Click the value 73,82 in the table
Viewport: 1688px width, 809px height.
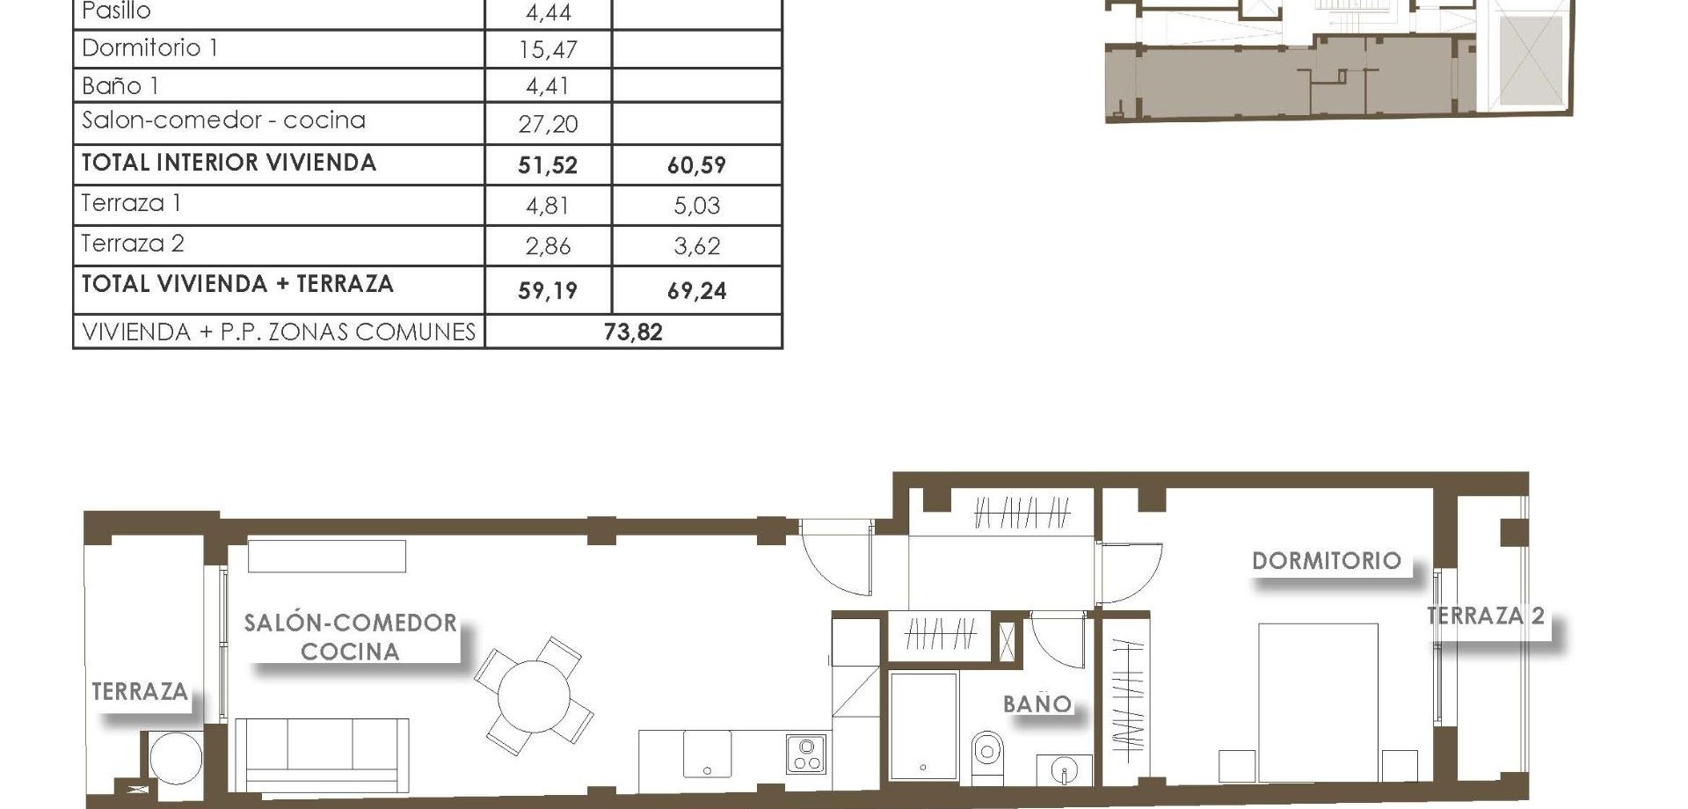tap(633, 332)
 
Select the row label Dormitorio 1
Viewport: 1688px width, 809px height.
tap(149, 47)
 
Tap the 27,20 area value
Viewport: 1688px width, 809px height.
tap(548, 124)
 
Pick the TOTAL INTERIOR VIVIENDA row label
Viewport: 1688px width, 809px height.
tap(229, 163)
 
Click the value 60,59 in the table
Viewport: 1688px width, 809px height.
tap(696, 164)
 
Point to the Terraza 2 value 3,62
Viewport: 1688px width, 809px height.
tap(696, 246)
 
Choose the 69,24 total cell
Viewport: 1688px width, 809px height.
tap(696, 290)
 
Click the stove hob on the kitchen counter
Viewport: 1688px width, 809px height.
tap(806, 754)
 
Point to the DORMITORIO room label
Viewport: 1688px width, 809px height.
tap(1326, 561)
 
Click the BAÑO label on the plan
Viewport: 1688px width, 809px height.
tap(1037, 703)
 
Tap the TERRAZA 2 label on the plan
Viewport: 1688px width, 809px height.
tap(1485, 616)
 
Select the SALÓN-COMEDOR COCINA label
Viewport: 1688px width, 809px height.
tap(350, 637)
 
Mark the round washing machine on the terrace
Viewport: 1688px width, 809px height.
tap(175, 757)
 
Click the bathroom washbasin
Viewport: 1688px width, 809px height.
tap(1064, 770)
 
